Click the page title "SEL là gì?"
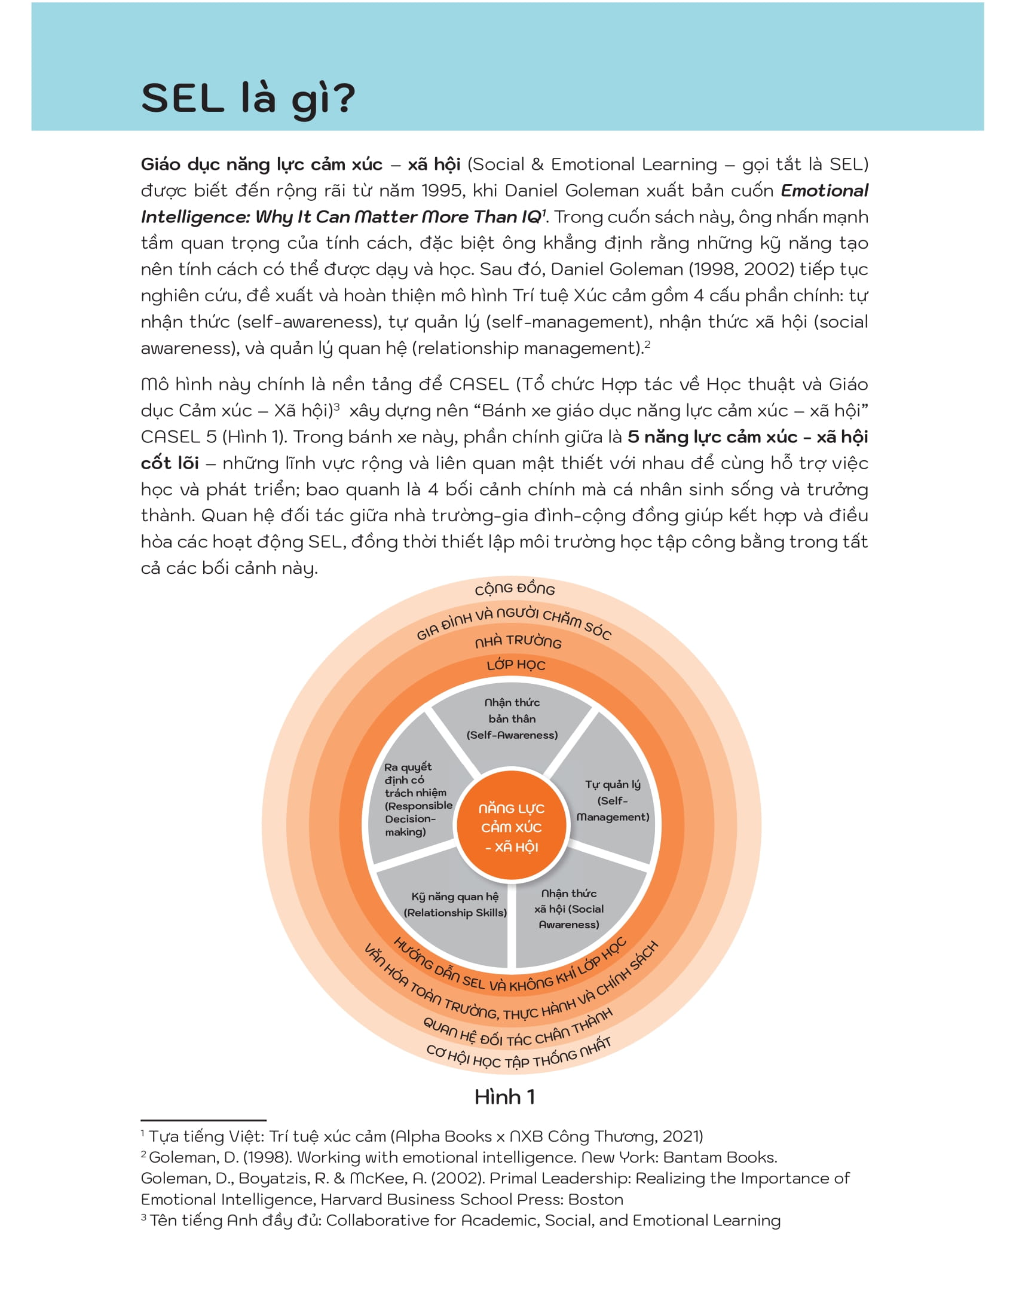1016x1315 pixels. (x=248, y=98)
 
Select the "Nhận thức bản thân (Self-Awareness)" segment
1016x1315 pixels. (x=512, y=719)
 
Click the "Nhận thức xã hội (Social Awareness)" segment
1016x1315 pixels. (x=569, y=909)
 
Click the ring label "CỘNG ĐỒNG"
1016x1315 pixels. (x=515, y=589)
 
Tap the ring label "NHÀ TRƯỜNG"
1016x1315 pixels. (x=518, y=642)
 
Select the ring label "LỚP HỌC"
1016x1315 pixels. (x=516, y=665)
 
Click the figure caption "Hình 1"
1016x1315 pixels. (x=504, y=1097)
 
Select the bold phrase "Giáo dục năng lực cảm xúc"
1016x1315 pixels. (x=261, y=164)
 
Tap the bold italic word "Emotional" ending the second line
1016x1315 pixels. (x=824, y=191)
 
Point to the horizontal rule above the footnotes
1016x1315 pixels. (x=203, y=1121)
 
